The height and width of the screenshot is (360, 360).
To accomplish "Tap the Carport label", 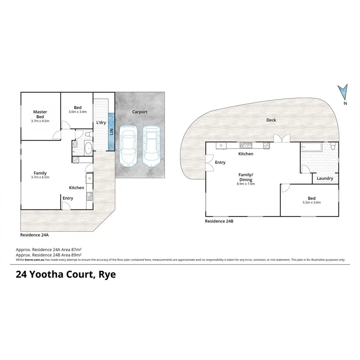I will [140, 112].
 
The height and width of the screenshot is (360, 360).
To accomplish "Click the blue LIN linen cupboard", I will [112, 132].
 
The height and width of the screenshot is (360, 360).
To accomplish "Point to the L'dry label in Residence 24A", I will [101, 122].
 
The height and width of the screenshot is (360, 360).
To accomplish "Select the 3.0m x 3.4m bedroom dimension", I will [78, 112].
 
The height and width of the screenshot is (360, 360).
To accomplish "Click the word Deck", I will [271, 120].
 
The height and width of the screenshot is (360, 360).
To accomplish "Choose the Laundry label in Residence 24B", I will [325, 178].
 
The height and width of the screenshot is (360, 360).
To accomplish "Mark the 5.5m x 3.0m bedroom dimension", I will [312, 203].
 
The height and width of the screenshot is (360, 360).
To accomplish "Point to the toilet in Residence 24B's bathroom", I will [332, 148].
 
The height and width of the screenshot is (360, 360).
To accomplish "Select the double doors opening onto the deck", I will [282, 138].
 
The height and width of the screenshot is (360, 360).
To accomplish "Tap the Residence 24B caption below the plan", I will [219, 221].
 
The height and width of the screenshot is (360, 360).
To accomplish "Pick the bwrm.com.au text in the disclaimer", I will [34, 260].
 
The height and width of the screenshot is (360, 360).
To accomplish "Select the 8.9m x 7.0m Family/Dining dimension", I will [246, 184].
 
